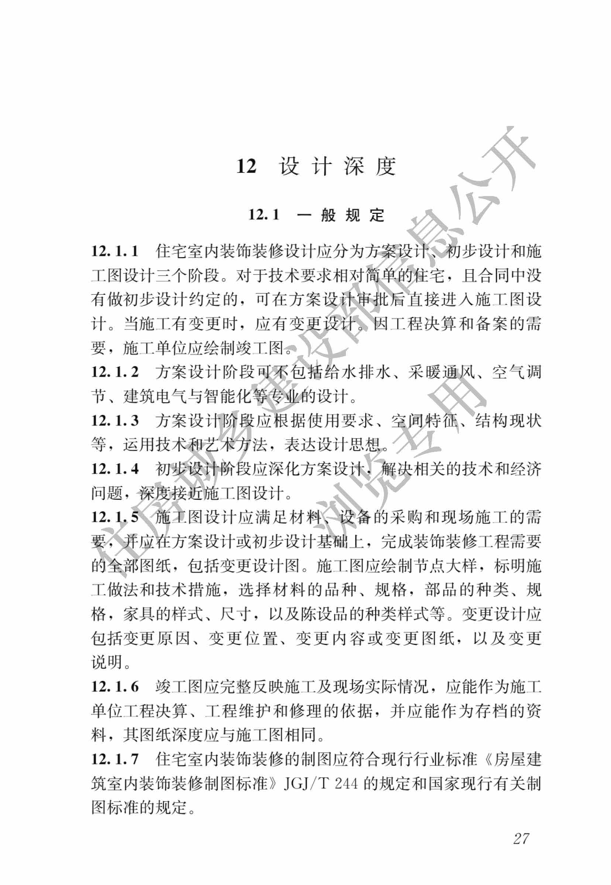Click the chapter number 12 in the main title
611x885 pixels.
(246, 167)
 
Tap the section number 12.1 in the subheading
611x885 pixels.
(264, 215)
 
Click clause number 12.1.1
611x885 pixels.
(114, 252)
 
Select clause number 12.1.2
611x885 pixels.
(115, 372)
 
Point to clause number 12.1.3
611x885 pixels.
(115, 421)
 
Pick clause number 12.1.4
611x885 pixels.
(115, 469)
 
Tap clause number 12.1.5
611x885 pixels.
(115, 517)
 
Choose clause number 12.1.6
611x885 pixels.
(115, 687)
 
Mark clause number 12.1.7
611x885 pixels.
(115, 759)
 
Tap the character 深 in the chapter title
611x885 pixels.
(353, 167)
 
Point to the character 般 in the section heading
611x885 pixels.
(328, 215)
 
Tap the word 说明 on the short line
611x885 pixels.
(107, 662)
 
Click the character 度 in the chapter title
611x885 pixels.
(385, 167)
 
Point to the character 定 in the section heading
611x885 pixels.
(377, 215)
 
